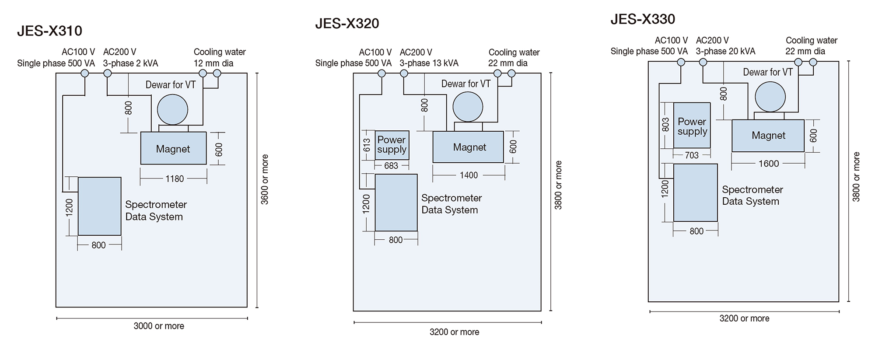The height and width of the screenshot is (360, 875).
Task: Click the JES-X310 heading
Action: (49, 31)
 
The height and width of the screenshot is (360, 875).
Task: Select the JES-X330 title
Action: (642, 19)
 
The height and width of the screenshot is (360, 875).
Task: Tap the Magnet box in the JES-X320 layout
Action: (468, 147)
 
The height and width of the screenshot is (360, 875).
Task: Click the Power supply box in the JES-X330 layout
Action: (692, 126)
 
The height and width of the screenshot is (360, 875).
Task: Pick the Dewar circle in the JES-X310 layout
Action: (172, 110)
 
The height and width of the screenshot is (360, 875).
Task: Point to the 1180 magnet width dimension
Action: (175, 179)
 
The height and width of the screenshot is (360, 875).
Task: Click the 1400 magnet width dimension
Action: (469, 175)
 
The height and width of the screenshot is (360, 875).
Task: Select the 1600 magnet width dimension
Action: (768, 164)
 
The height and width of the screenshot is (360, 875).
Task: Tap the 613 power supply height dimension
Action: (367, 145)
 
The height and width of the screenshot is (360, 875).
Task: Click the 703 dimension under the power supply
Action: (692, 155)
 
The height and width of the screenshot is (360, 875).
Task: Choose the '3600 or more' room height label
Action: (265, 179)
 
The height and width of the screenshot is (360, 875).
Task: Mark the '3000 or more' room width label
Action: (159, 326)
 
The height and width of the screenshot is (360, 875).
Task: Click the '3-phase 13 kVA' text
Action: (429, 63)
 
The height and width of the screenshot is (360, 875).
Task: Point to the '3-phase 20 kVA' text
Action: (725, 51)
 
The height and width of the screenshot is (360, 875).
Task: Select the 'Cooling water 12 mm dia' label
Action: (219, 57)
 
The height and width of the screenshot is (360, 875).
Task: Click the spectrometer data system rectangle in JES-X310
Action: (99, 206)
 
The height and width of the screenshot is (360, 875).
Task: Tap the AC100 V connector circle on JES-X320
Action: (381, 73)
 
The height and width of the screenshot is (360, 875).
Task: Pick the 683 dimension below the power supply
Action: (391, 166)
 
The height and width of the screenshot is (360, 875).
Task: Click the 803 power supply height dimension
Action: (665, 125)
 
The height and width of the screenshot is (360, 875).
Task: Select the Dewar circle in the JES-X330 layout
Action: (770, 97)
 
